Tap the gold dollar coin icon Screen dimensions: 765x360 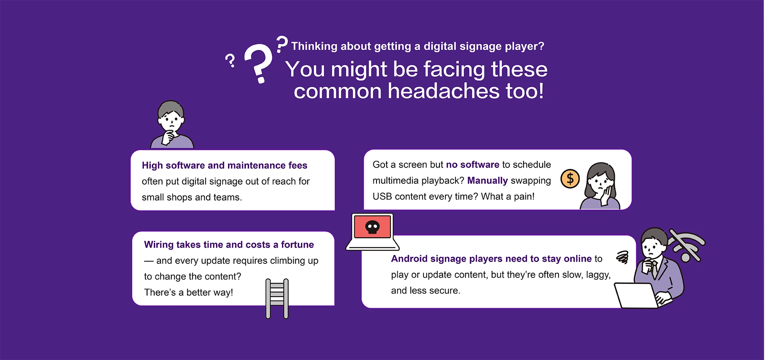(570, 179)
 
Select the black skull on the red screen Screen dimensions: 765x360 (373, 227)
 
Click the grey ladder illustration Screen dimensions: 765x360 (277, 299)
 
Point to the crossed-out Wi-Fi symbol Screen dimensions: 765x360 (686, 245)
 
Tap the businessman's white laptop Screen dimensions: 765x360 (636, 295)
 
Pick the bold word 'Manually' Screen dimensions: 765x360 (487, 181)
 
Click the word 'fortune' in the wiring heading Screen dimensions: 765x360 (297, 245)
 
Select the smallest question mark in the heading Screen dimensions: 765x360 (230, 61)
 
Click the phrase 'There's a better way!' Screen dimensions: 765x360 (188, 292)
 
